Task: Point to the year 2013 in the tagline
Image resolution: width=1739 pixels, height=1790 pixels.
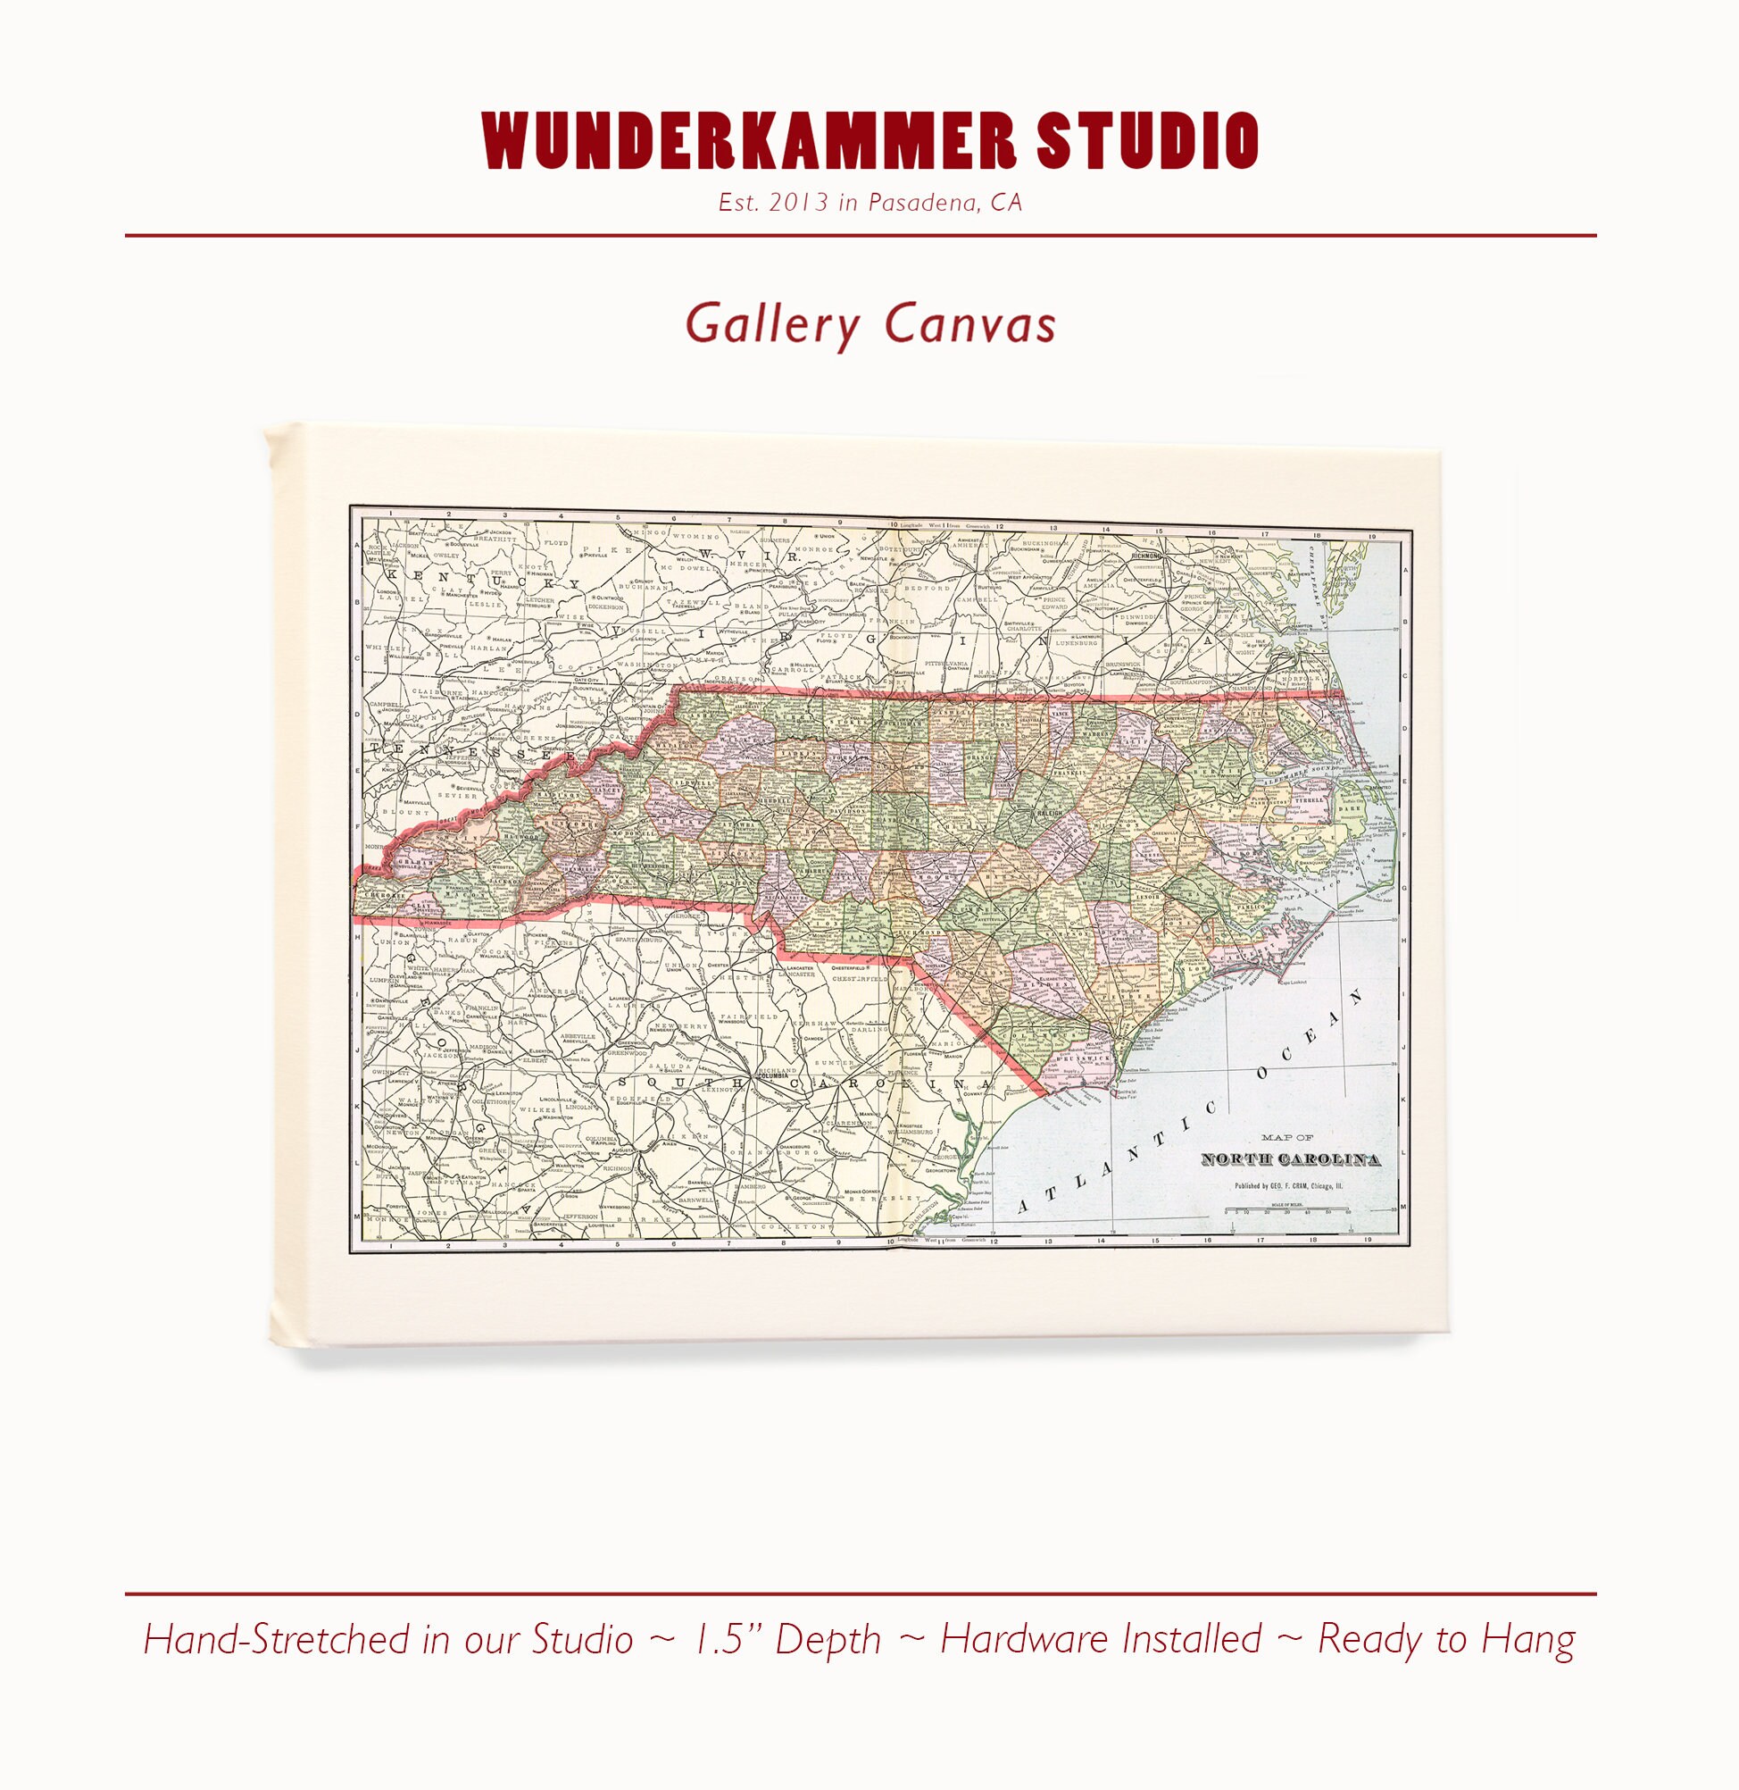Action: coord(798,203)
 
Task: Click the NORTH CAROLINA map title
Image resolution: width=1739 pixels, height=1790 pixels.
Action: coord(1290,1159)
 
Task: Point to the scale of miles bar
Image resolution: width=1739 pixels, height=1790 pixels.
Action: coord(1290,1209)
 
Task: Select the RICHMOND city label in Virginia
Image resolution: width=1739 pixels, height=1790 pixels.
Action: coord(1145,554)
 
